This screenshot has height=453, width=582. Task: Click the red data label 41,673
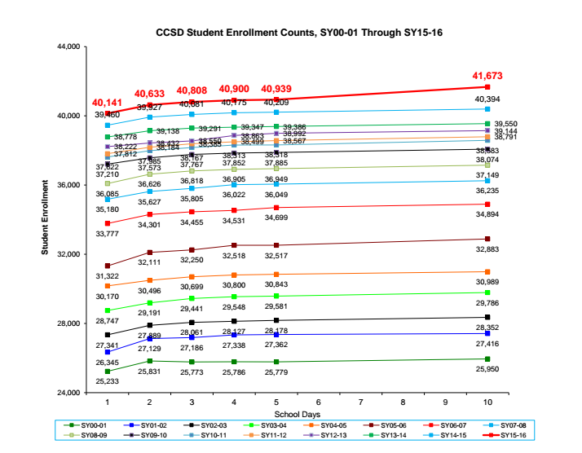coord(487,76)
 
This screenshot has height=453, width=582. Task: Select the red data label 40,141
coord(107,103)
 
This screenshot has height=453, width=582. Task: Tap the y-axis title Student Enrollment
coord(46,219)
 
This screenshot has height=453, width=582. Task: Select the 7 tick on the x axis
coord(360,402)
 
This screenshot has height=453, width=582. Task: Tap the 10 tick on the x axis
coord(487,402)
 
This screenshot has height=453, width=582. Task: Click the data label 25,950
coord(487,369)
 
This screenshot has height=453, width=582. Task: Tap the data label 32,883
coord(487,248)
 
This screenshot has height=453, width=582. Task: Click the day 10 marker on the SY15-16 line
coord(487,86)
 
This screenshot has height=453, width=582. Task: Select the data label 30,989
coord(487,281)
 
